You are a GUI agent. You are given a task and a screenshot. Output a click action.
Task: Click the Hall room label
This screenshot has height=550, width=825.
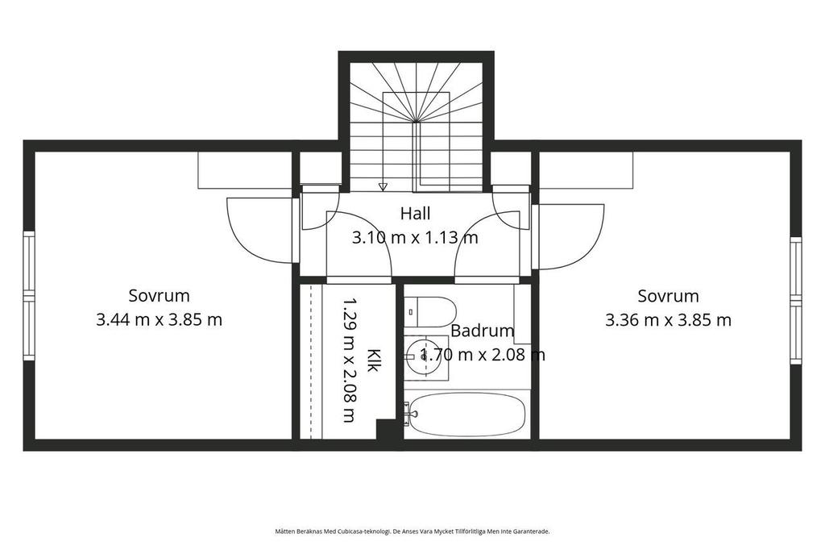point(415,214)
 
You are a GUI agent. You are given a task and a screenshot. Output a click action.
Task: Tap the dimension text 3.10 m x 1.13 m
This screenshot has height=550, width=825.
point(415,238)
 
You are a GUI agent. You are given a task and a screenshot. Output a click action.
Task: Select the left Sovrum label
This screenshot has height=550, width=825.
point(159,295)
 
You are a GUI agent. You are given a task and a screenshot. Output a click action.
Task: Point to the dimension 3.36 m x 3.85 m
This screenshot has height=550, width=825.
point(668,320)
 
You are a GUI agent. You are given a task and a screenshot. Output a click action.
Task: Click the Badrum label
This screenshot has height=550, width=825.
point(483,331)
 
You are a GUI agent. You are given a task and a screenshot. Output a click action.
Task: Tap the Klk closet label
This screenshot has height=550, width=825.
point(372,360)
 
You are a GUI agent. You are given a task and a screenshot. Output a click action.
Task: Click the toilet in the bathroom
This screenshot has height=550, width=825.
point(430,311)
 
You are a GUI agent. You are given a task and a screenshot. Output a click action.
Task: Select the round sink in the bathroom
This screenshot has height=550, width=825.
point(425,356)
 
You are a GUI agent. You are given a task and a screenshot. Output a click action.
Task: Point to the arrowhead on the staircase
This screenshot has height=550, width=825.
point(383,186)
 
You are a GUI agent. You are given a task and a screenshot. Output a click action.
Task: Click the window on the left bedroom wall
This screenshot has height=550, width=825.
point(29,296)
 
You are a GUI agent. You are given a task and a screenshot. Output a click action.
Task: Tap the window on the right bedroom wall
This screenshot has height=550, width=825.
point(795,300)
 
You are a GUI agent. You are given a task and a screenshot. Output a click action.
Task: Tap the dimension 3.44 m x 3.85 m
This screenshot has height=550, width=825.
point(159,320)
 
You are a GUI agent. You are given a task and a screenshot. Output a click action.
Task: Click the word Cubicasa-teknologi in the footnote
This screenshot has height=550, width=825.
point(367,531)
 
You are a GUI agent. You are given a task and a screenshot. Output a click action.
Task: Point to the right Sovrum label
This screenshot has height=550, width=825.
point(668,295)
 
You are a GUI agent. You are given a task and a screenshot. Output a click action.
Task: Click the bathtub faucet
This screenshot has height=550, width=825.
point(408,413)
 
